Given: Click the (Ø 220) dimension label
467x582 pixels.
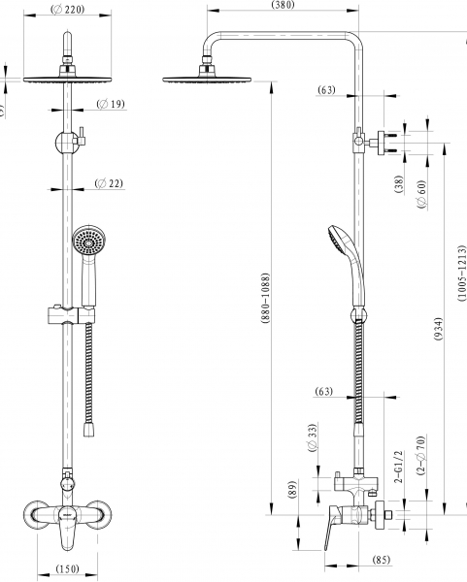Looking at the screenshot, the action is point(68,10).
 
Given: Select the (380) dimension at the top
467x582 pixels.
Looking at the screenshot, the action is point(284,5).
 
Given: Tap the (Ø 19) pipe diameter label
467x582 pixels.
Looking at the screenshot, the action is point(111,104).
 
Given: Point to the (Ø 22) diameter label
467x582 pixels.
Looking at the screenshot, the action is point(109,183).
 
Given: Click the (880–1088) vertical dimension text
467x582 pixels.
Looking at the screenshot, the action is point(265,299).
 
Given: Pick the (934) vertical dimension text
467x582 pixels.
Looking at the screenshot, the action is point(439,329).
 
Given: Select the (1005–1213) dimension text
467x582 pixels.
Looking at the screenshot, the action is point(462,272).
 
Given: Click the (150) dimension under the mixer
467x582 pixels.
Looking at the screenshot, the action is point(68,568).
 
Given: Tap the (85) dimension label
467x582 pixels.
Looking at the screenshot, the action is point(382,560).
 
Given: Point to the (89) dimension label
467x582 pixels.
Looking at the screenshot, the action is point(293,489).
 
